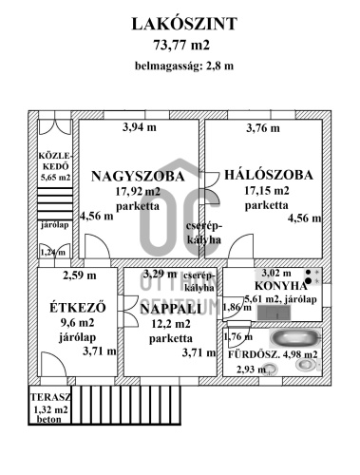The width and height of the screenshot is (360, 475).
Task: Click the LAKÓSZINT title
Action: tap(180, 23)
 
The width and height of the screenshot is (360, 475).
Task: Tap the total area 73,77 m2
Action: tap(180, 44)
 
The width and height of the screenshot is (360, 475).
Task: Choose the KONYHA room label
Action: tap(281, 285)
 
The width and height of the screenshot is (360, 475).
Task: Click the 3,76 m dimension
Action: tap(263, 128)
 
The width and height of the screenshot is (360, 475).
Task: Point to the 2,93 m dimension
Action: tap(249, 370)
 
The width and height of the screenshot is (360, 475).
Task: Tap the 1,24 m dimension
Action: tap(52, 252)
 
